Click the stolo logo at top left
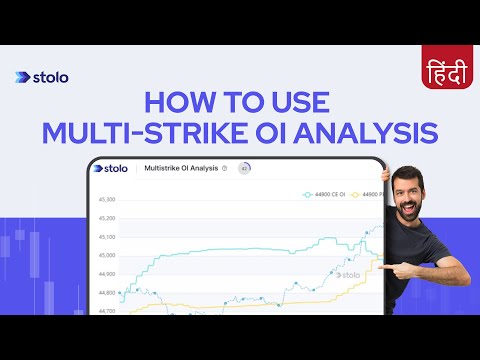(42, 77)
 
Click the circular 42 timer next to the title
(245, 169)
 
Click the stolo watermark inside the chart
(347, 274)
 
